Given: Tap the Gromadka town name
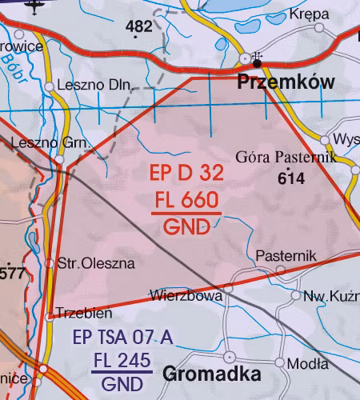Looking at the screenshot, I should click(x=212, y=374).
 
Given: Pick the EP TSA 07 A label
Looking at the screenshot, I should click(x=122, y=338).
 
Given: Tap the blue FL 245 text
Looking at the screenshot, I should click(x=122, y=361).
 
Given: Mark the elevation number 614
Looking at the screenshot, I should click(x=291, y=179).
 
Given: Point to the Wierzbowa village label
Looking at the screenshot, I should click(x=186, y=295).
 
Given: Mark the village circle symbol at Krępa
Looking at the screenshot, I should click(x=320, y=28).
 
